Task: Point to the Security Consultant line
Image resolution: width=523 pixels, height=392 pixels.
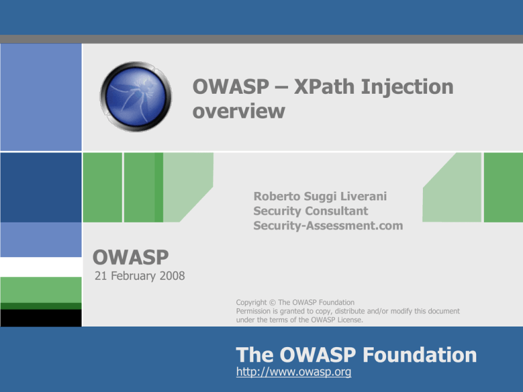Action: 310,212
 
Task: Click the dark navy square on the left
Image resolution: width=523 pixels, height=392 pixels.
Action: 41,187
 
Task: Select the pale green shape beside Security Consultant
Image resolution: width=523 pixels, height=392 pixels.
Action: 450,187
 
